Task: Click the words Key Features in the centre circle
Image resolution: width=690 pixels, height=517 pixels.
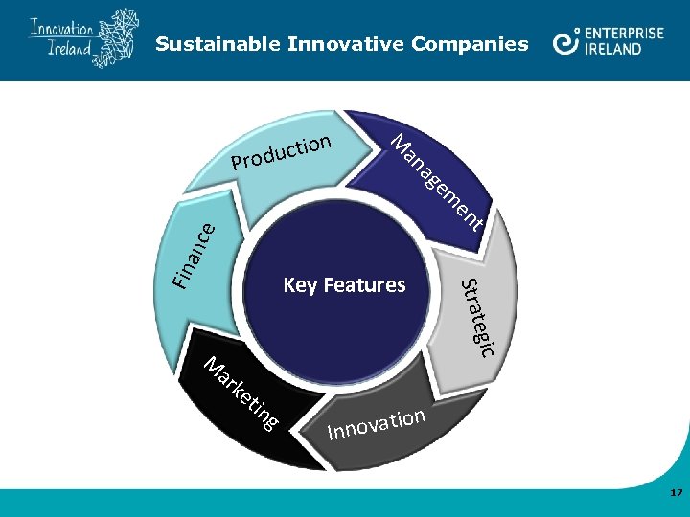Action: tap(344, 285)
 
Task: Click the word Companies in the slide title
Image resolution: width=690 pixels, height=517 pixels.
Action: tap(469, 44)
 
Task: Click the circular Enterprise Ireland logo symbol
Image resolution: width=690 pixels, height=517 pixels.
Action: tap(567, 41)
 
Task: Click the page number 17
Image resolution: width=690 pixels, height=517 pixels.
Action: tap(676, 492)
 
